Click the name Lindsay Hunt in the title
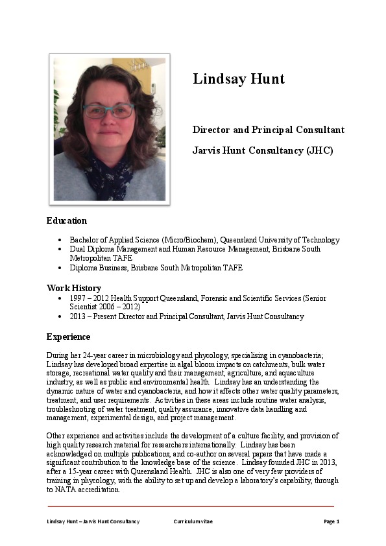[239, 79]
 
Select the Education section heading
[66, 220]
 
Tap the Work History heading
[73, 288]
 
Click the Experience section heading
[68, 337]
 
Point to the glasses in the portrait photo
[108, 110]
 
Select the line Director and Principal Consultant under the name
[269, 130]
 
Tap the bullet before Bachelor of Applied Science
[60, 240]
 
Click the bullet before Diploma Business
[60, 268]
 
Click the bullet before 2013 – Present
[60, 317]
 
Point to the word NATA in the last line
[64, 490]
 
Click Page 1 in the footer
[332, 522]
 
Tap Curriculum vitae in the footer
[193, 522]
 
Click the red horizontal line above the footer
[191, 506]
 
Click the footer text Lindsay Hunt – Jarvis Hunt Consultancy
[93, 522]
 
